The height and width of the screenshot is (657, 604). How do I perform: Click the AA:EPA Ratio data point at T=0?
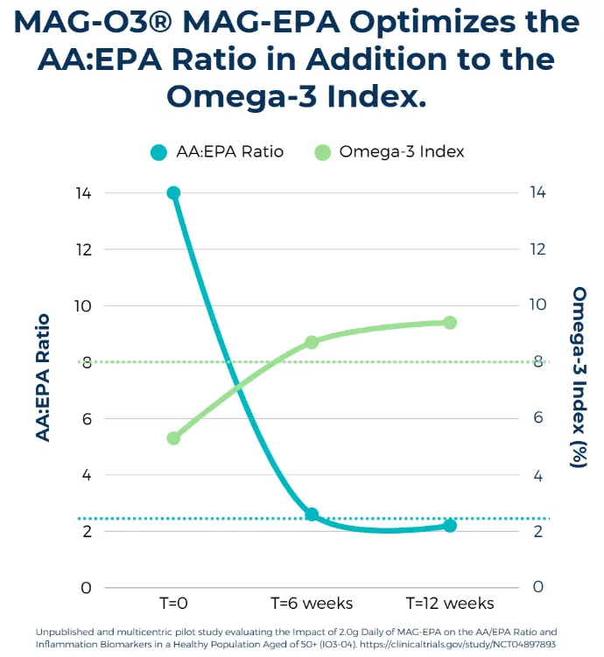point(173,193)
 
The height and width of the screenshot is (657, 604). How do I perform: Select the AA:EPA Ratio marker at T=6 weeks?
point(312,514)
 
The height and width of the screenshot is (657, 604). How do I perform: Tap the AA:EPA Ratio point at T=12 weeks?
point(450,526)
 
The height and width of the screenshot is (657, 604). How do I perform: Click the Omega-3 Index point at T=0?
point(173,438)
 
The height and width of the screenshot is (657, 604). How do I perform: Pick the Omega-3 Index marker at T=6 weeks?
point(312,342)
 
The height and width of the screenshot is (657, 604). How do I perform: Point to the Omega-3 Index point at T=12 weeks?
point(450,323)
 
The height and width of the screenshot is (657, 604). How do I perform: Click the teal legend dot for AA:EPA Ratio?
point(158,152)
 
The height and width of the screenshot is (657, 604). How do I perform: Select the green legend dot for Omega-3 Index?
point(323,152)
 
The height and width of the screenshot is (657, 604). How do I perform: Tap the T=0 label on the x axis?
point(173,604)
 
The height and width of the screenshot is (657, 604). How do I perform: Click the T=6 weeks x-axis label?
point(312,604)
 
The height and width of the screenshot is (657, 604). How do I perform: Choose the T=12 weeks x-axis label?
point(450,604)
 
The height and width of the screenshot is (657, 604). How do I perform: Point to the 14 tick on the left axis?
point(83,193)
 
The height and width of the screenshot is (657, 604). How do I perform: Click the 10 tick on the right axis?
point(537,304)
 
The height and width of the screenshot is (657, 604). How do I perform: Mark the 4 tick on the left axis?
point(87,475)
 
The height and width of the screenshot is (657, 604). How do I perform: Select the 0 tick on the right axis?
point(537,587)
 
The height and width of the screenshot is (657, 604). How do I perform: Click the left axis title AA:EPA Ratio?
point(43,378)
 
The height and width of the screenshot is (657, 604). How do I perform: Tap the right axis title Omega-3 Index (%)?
point(579,377)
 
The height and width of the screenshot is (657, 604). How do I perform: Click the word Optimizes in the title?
point(432,23)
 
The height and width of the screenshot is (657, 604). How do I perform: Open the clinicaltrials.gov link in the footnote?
point(458,644)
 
